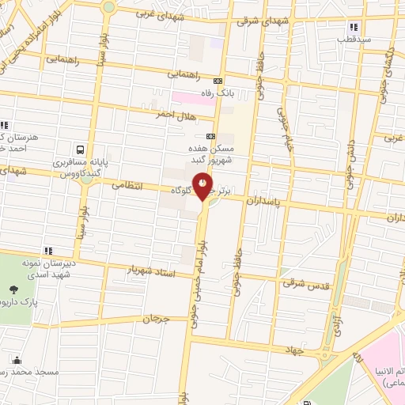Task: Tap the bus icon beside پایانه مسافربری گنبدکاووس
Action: (x=79, y=150)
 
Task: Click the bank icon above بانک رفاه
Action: (x=219, y=81)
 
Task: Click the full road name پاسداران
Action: (x=264, y=202)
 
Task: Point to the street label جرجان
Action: (x=156, y=319)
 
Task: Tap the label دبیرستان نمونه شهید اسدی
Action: (x=47, y=267)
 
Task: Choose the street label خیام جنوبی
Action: (x=283, y=127)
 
